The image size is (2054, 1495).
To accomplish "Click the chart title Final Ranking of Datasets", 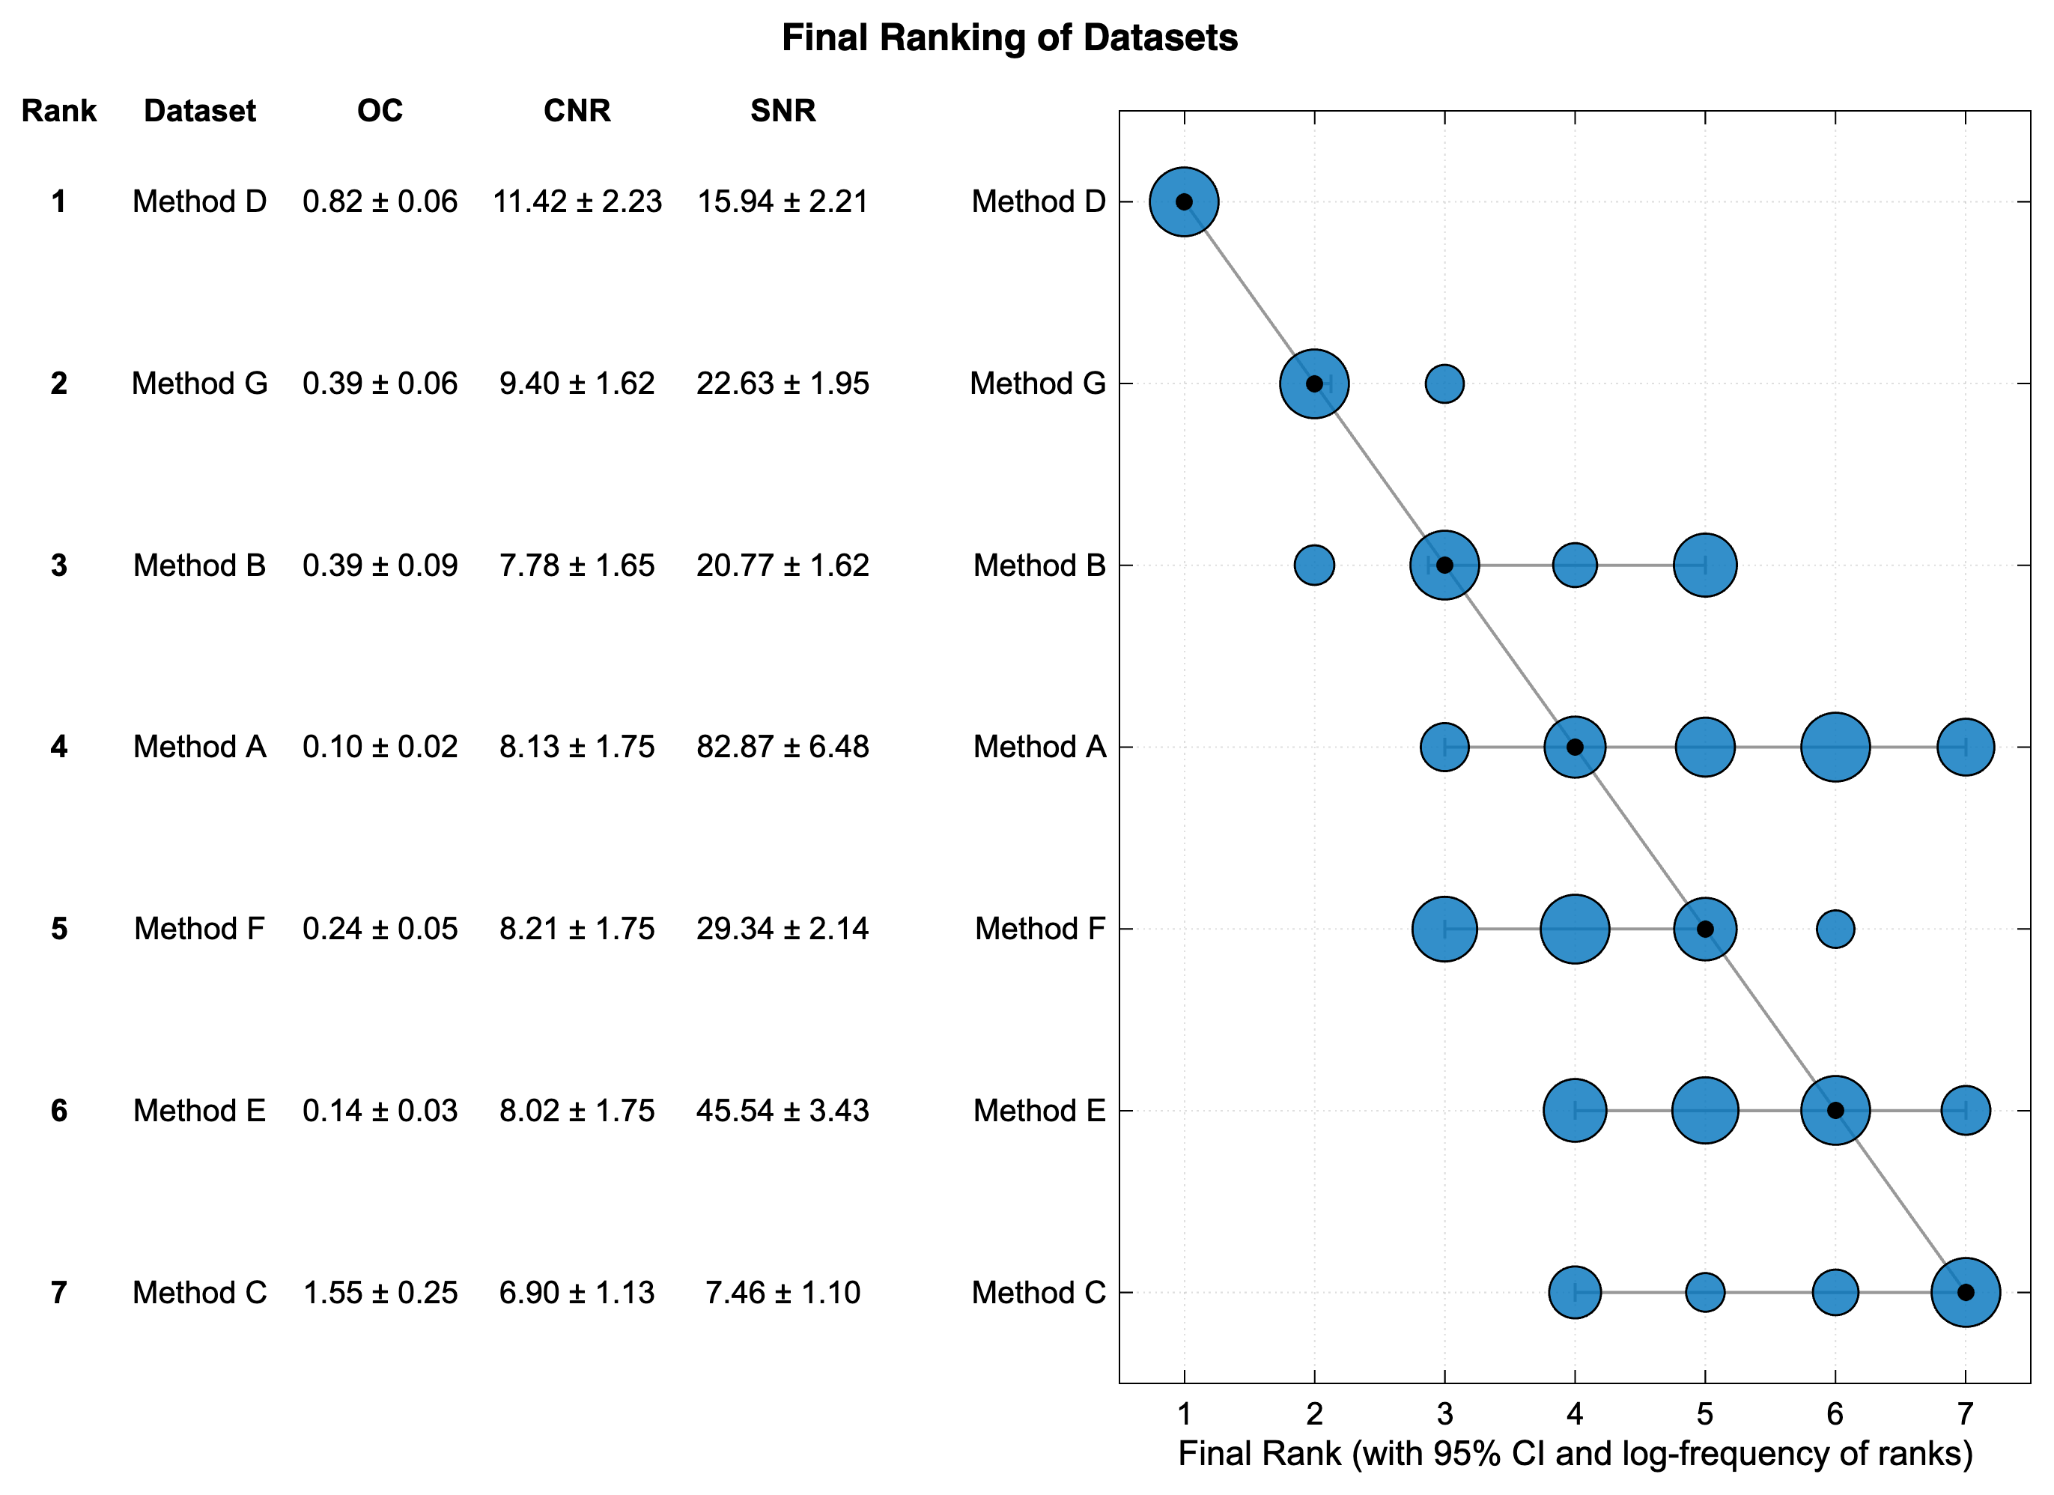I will pos(1009,38).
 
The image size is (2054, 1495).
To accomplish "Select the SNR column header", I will pos(783,111).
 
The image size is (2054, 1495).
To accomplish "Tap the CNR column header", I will pos(576,111).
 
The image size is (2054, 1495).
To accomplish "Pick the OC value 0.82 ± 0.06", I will pos(380,201).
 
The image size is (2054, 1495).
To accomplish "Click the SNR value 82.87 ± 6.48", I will pos(782,747).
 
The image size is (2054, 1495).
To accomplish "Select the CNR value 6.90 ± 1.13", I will pos(576,1292).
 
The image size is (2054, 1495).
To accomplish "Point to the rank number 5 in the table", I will pos(59,929).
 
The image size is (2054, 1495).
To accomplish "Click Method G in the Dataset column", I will pos(199,383).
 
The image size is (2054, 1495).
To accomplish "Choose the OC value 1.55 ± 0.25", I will pos(380,1292).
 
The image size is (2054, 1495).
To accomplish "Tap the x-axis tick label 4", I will pos(1574,1413).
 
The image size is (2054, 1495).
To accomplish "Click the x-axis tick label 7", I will pos(1964,1413).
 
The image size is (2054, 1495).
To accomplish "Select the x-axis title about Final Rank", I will pos(1575,1453).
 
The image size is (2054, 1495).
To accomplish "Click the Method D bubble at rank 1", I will pos(1184,201).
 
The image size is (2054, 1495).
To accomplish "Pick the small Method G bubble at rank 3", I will pos(1444,383).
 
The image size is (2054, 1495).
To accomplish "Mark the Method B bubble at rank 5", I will pos(1704,565).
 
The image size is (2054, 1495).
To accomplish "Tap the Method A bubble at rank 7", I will pos(1965,747).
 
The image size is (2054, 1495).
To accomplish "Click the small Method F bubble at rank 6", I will pos(1835,929).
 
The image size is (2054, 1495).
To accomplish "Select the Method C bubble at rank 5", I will pos(1704,1292).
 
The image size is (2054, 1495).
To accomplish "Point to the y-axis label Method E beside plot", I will pos(1039,1111).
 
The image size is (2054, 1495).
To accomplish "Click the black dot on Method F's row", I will pos(1704,929).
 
